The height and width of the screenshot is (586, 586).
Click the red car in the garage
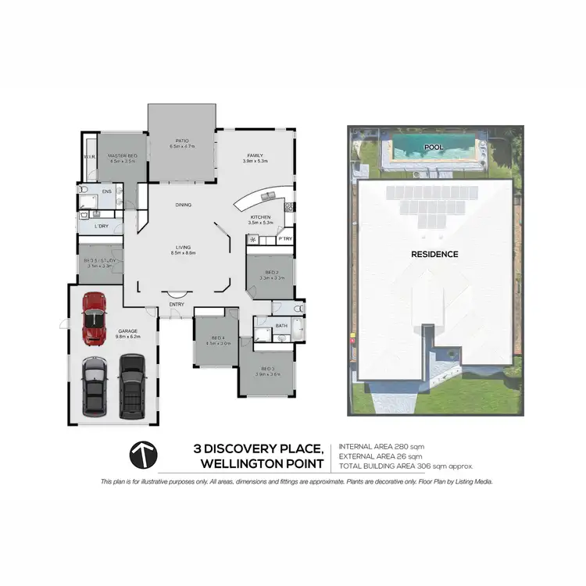tap(94, 320)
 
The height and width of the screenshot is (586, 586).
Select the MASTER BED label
tap(123, 157)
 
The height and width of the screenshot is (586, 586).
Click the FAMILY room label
tap(256, 156)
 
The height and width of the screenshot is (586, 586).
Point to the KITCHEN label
tap(259, 216)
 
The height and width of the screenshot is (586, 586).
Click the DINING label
tap(184, 205)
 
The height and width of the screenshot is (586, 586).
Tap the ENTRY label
tap(177, 304)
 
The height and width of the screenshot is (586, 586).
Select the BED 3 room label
tap(267, 368)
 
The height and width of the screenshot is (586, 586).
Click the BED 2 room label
tap(269, 273)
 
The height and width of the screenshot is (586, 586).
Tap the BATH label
tap(280, 325)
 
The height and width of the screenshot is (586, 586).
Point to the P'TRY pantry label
tap(285, 238)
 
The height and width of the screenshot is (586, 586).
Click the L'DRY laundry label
tap(101, 226)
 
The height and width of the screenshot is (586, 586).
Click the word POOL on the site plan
tap(434, 146)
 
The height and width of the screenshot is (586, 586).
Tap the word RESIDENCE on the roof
tap(434, 254)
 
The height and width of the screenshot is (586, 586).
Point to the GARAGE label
tap(128, 331)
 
